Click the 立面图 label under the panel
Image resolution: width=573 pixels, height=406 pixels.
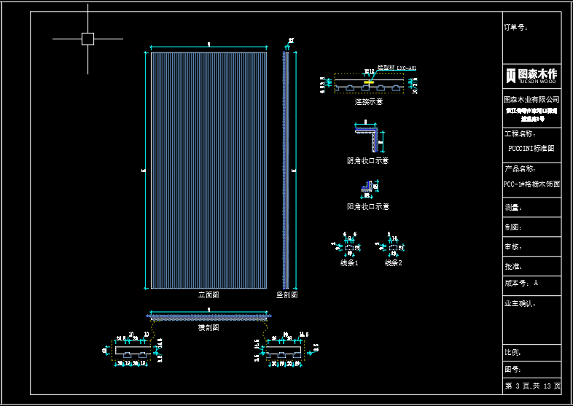tap(208, 295)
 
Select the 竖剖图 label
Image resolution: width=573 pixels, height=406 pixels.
tap(286, 295)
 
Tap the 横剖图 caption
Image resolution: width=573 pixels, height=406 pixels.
tap(208, 328)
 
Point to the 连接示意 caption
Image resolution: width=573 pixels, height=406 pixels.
tap(368, 102)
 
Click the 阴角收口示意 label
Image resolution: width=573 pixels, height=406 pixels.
tap(368, 160)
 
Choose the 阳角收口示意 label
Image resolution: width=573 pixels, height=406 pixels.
tap(368, 206)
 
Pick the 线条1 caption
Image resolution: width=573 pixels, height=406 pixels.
tap(349, 262)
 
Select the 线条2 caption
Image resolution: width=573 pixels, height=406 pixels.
tap(393, 262)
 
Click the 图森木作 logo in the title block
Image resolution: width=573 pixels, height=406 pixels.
tap(532, 75)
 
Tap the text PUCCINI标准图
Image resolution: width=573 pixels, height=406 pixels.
tap(531, 147)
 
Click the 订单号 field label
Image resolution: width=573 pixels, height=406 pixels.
tap(516, 28)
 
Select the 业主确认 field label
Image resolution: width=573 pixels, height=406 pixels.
tap(520, 302)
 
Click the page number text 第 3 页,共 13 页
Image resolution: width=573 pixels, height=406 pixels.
tap(533, 386)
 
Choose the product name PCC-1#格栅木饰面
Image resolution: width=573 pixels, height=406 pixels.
tap(532, 184)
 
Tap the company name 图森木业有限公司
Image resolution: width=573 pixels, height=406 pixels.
tap(532, 98)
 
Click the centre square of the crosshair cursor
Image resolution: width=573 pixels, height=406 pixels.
tap(88, 39)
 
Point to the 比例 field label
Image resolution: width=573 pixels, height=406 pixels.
tap(513, 353)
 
